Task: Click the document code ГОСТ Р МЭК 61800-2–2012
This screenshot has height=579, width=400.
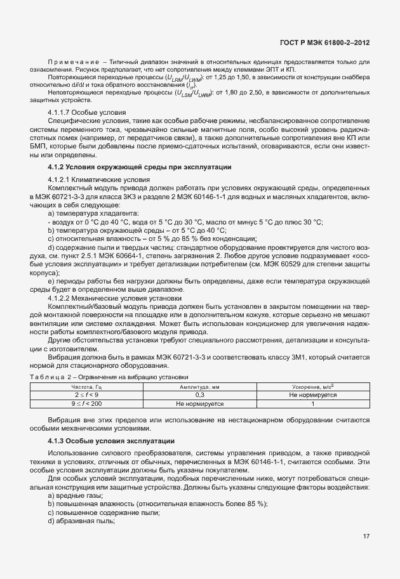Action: [x=325, y=41]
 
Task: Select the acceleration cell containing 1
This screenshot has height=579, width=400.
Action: [x=312, y=402]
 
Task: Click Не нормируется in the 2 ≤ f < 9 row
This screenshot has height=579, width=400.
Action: [x=312, y=394]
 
